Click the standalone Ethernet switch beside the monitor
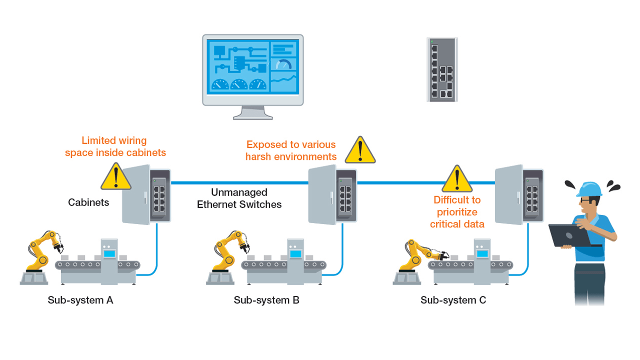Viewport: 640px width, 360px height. [x=442, y=69]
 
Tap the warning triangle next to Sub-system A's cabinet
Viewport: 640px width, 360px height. [x=116, y=176]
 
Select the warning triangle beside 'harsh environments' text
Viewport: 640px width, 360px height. [x=360, y=151]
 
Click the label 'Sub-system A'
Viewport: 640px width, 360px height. [x=80, y=300]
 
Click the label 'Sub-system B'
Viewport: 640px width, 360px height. [x=266, y=300]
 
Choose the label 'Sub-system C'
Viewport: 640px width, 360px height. [x=453, y=300]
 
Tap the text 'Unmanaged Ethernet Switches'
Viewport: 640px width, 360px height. [x=239, y=198]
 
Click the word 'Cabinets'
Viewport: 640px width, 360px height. [x=88, y=203]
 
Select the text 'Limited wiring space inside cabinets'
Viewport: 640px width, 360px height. [x=115, y=146]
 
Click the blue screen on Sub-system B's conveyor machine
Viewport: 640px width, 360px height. [x=295, y=253]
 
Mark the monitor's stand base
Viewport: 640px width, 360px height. [x=253, y=116]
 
